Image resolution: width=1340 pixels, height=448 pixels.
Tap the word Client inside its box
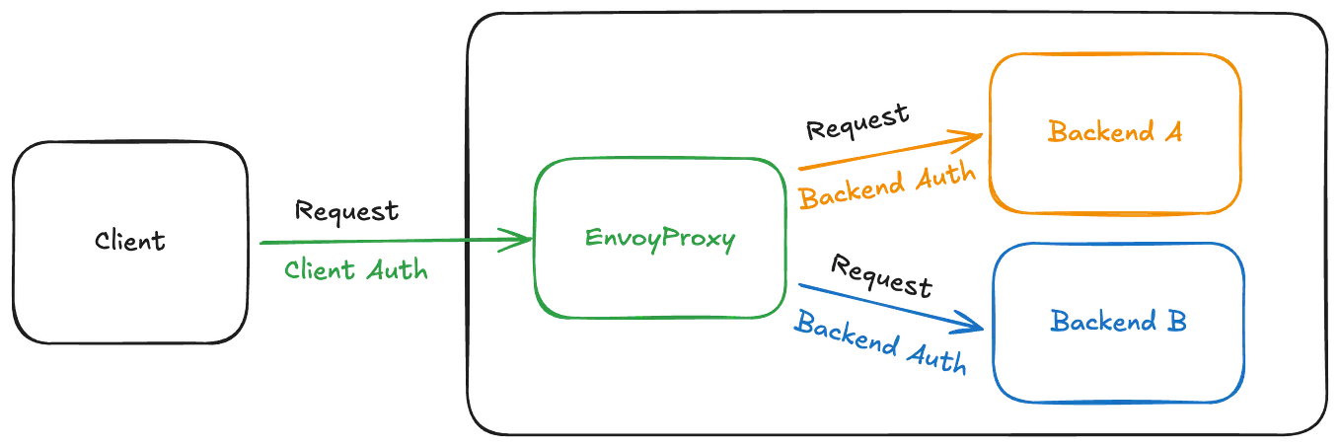[130, 241]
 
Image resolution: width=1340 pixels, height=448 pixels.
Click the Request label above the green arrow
[347, 209]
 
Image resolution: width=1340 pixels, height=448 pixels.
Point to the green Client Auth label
[357, 269]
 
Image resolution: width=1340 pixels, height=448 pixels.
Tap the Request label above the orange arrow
[856, 121]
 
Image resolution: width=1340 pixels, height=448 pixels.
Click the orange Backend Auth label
[886, 184]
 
